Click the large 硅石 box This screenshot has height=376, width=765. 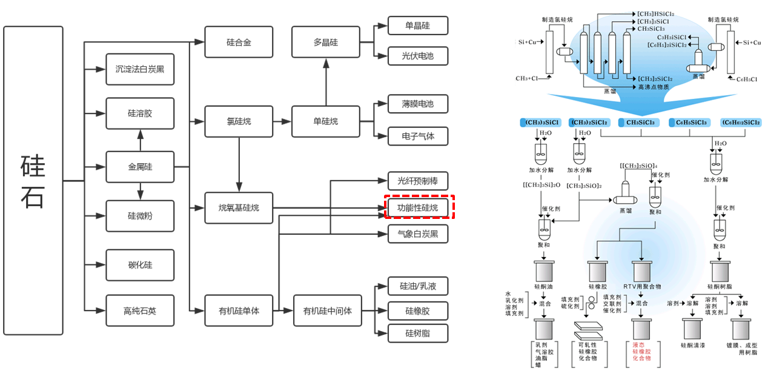click(33, 181)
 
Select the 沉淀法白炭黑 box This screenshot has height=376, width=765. click(140, 69)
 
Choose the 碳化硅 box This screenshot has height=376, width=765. click(140, 265)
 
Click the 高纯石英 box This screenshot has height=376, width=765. click(140, 311)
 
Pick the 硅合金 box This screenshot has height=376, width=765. click(239, 42)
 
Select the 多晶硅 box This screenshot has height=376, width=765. click(326, 42)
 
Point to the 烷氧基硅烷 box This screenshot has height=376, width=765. click(239, 208)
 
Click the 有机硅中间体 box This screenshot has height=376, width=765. click(327, 311)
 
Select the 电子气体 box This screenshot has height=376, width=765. click(418, 136)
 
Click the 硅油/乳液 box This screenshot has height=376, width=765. click(418, 286)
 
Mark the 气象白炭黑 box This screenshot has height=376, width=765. click(418, 233)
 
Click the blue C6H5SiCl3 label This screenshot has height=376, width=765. click(689, 123)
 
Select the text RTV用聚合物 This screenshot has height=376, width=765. click(641, 286)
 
